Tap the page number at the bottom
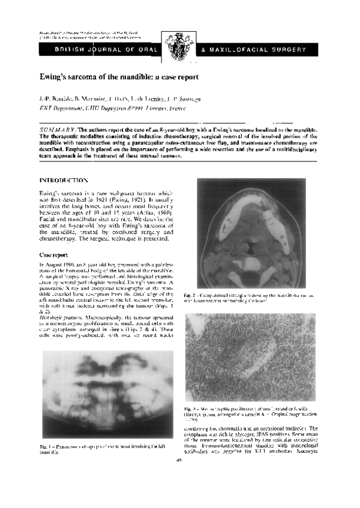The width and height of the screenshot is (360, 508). (180, 461)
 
